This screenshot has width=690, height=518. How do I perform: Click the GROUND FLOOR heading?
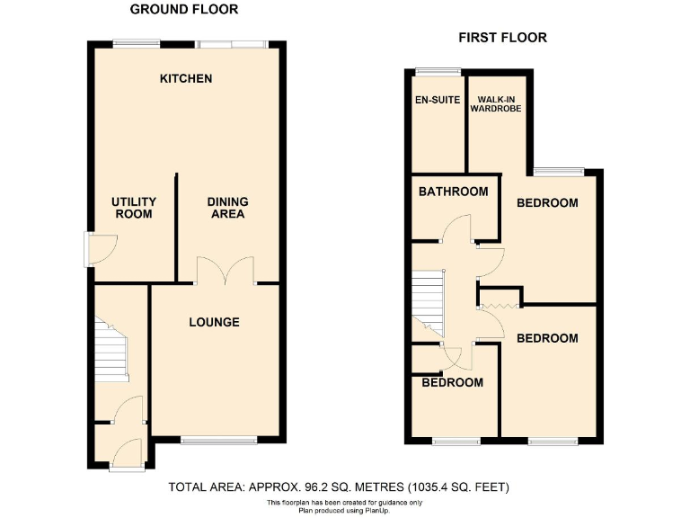(x=184, y=10)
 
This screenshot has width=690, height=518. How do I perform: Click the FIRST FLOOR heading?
(x=502, y=38)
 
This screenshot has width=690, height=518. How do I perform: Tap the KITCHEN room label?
(x=186, y=78)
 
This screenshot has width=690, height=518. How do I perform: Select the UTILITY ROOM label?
(x=133, y=208)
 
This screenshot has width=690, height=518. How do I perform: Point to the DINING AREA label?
(x=227, y=208)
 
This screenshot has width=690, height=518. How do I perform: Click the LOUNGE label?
(x=214, y=321)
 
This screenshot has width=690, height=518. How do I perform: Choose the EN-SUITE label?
(x=437, y=99)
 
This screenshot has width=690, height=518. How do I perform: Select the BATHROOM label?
(x=454, y=191)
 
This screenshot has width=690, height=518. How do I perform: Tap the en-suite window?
(x=438, y=71)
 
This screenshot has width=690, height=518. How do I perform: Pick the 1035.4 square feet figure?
(x=437, y=487)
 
